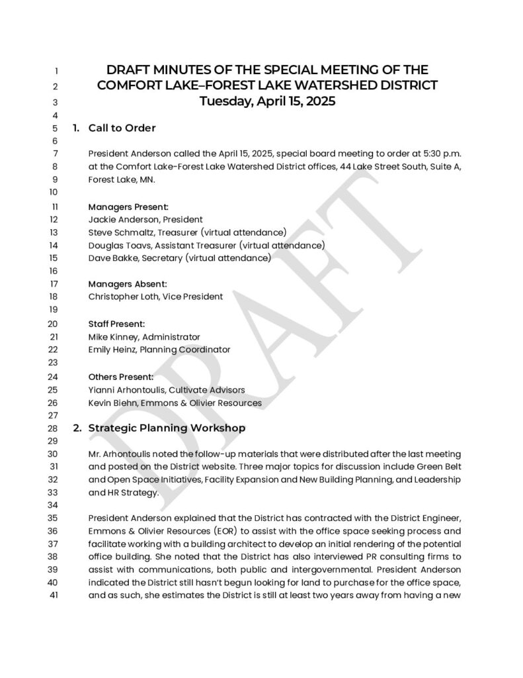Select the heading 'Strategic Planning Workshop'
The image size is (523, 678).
pyautogui.click(x=167, y=428)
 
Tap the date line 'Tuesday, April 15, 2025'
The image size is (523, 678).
pyautogui.click(x=268, y=101)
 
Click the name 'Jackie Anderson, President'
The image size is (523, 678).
pyautogui.click(x=145, y=219)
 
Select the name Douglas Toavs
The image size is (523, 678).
pyautogui.click(x=117, y=246)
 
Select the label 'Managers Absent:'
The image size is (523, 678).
pyautogui.click(x=127, y=284)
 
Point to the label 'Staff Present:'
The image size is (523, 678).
pyautogui.click(x=116, y=324)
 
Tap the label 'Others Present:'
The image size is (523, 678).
pyautogui.click(x=120, y=377)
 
